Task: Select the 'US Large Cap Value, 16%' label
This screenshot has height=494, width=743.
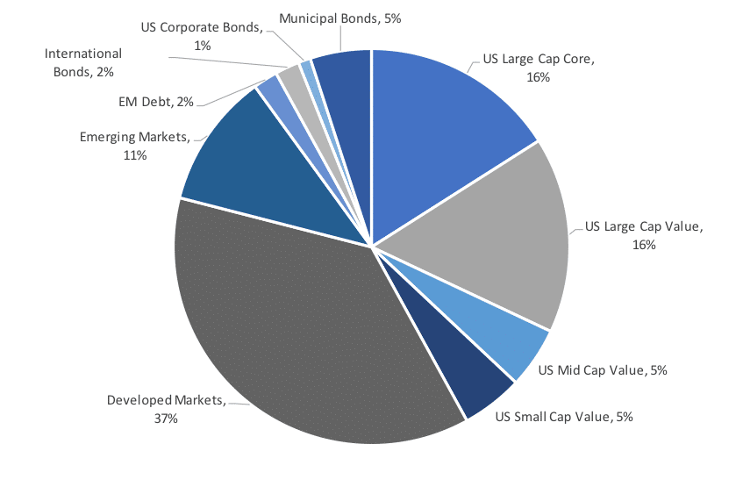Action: (x=644, y=236)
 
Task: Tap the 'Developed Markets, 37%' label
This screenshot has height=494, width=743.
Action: (x=166, y=409)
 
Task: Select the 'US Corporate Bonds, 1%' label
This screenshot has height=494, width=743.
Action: (x=202, y=35)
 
